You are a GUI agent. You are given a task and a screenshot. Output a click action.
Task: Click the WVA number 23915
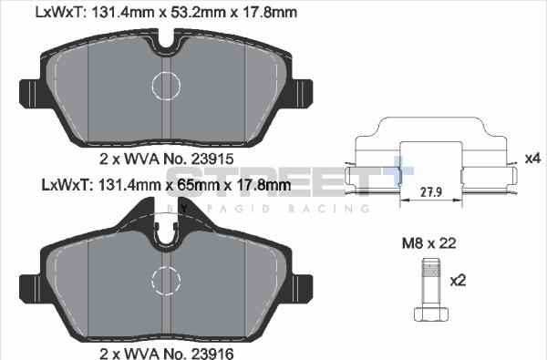click(212, 159)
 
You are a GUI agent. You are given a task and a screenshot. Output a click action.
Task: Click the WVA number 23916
click(212, 354)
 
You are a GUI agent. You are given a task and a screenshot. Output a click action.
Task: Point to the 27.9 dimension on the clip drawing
click(431, 192)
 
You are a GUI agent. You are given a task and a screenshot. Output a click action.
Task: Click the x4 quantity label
click(532, 159)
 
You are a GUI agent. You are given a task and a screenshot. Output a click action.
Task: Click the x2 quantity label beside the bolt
click(458, 281)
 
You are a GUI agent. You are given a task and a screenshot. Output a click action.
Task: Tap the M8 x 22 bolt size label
click(428, 243)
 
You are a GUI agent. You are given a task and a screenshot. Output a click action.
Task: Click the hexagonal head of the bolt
click(431, 314)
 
